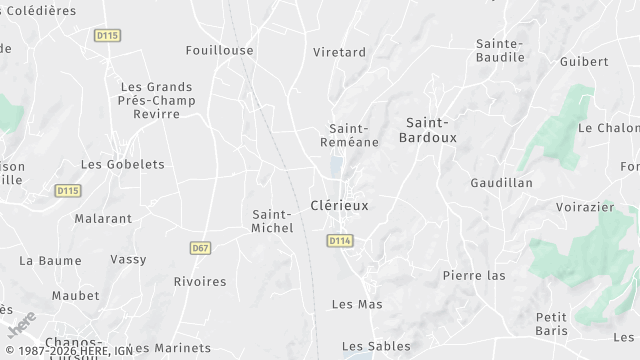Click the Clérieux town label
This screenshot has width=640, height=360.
coord(339,206)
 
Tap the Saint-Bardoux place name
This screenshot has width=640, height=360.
coord(428,130)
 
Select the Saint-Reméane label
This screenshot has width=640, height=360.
coord(349,136)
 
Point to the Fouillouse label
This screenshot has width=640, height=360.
coord(219,50)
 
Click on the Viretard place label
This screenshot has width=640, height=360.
coord(340,52)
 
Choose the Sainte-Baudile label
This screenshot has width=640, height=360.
coord(500,50)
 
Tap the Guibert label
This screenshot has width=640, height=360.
coord(584,61)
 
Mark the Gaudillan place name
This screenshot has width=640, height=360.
coord(501,183)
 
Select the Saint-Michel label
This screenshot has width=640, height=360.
coord(272,221)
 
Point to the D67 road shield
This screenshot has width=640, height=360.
coord(199,247)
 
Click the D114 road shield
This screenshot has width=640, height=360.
coord(340,241)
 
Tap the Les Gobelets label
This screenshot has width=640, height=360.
coord(113,164)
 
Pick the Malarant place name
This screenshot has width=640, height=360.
coord(103,218)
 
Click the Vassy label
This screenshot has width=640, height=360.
coord(128,260)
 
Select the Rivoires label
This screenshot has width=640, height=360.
coord(200,282)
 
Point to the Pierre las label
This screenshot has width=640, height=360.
coord(474,275)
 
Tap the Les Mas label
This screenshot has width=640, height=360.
coord(357,304)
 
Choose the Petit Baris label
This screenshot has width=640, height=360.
coord(551,324)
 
